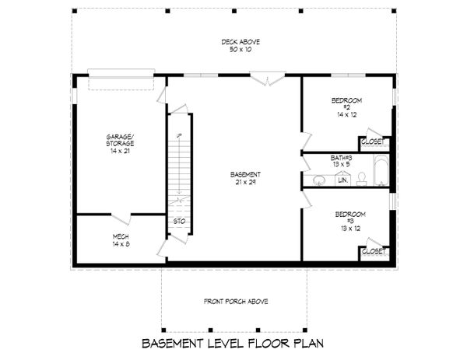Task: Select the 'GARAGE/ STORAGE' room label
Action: [x=121, y=140]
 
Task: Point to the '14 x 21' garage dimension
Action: [x=121, y=151]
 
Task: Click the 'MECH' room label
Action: [x=121, y=236]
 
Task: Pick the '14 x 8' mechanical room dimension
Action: [x=121, y=243]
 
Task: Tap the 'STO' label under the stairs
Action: [x=178, y=221]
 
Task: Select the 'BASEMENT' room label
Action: [x=245, y=173]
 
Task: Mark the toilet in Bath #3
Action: [x=362, y=180]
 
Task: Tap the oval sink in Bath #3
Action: [x=318, y=181]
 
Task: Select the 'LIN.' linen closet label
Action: [x=342, y=180]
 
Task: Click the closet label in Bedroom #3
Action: [x=374, y=252]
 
